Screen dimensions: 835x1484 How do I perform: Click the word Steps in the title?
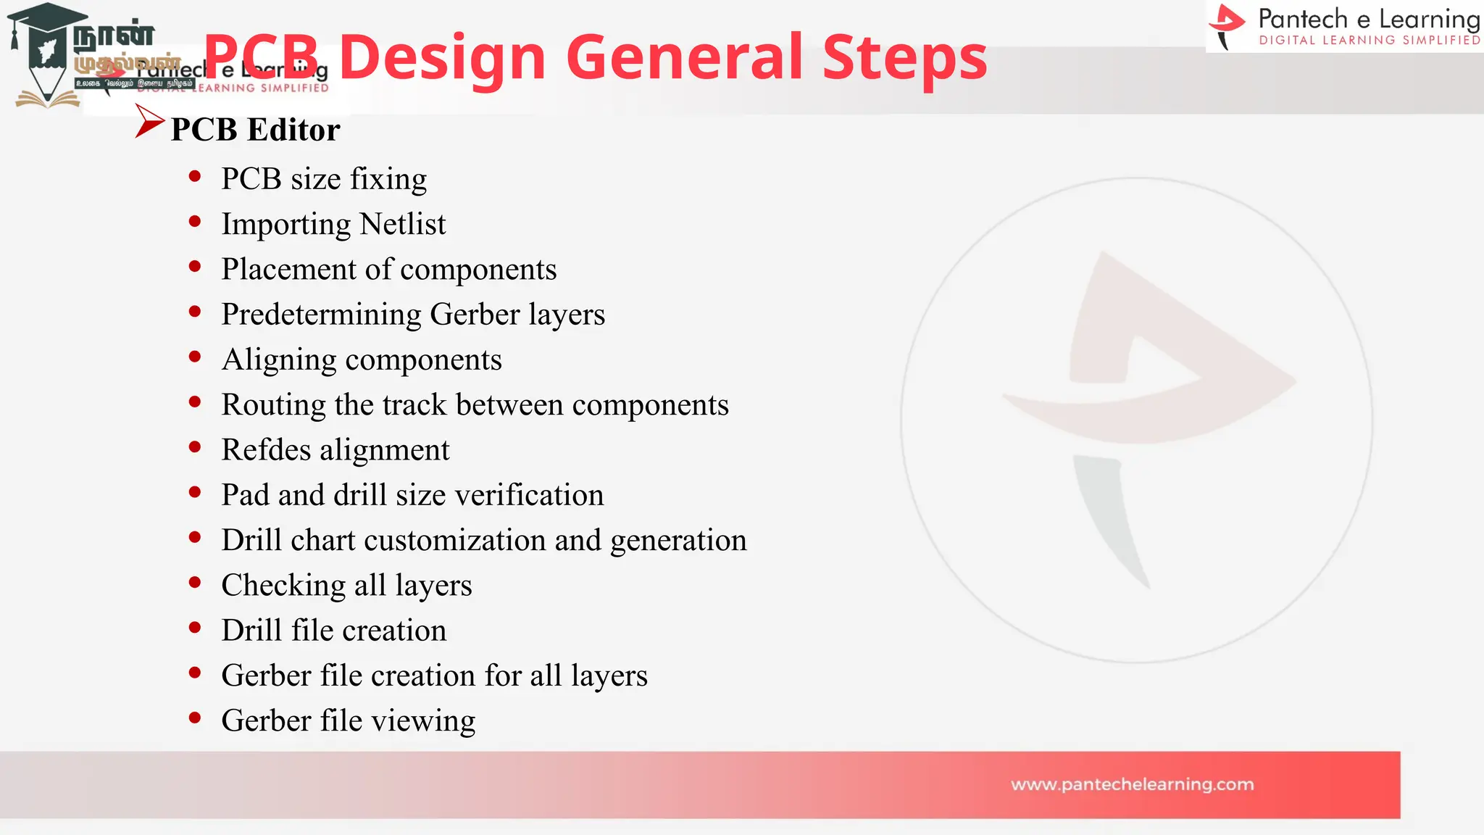904,58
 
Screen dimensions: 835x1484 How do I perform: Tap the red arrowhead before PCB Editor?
149,122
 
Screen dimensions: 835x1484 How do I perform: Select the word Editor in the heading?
293,130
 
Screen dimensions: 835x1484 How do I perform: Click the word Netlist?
402,224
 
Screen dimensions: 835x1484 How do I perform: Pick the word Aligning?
279,360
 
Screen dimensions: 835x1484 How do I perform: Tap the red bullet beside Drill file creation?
194,628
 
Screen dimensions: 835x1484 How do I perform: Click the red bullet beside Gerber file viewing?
194,718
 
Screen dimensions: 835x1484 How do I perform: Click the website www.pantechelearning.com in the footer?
1132,784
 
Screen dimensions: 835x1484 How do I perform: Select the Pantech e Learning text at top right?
1368,19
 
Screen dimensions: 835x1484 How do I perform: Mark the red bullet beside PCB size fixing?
194,176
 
